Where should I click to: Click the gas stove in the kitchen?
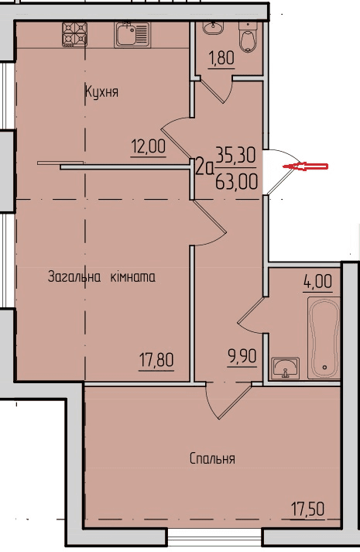coord(74,34)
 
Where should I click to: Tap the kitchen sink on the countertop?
coord(132,34)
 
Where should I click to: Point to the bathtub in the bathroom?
coord(324,338)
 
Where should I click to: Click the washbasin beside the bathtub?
coord(285,369)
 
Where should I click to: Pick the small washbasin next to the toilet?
coord(213,27)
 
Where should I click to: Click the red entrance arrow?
coord(306,166)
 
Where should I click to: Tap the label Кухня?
coord(101,92)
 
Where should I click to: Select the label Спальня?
coord(212,459)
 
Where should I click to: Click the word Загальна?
coord(74,277)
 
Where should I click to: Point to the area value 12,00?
coord(148,146)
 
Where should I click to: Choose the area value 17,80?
coord(156,361)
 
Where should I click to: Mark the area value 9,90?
coord(242,357)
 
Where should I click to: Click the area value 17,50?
coord(307,509)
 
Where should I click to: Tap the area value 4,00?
coord(317,282)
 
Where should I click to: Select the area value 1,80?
coord(221,58)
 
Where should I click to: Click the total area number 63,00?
coord(236,183)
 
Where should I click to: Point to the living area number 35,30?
coord(235,155)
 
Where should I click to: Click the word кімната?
coord(133,277)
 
